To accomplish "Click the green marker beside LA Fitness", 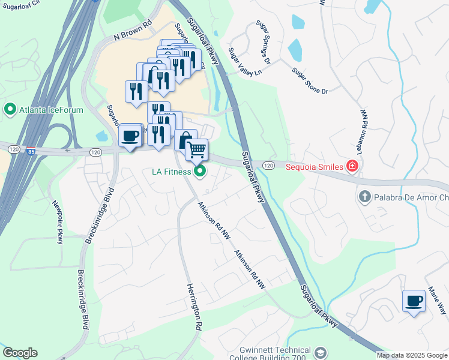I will pos(200,172).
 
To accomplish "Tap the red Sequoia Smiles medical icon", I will pos(353,166).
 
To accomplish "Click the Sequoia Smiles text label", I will pos(314,166).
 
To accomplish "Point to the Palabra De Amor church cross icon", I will pos(364,197).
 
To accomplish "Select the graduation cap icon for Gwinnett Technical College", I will pos(321,353).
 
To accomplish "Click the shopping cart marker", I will pos(196,149).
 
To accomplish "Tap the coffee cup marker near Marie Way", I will pos(414,301).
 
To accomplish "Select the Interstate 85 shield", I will pos(30,152).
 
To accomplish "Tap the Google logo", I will pos(20,353).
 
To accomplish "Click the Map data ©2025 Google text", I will pos(412,355).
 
